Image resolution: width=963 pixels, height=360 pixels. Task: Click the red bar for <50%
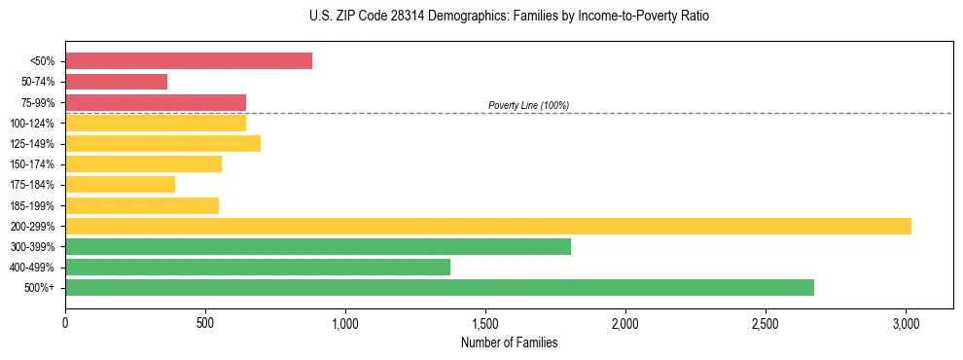tap(189, 61)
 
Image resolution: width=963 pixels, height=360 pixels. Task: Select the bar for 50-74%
tap(116, 82)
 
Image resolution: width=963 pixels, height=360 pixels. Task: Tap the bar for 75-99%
tap(156, 102)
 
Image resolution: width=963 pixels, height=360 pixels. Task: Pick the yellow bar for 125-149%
tap(162, 144)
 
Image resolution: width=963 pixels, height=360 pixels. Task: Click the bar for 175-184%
tap(120, 185)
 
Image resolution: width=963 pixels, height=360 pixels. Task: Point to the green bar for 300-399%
tap(318, 247)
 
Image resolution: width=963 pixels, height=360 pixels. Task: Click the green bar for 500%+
tap(440, 288)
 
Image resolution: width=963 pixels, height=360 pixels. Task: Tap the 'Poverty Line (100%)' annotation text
tap(528, 105)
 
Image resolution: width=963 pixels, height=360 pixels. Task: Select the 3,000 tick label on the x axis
tap(906, 322)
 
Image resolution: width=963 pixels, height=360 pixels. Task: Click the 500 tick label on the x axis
tap(205, 322)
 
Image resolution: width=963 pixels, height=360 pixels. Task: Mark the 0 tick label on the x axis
tap(65, 322)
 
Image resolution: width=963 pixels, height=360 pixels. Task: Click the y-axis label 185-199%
tap(33, 206)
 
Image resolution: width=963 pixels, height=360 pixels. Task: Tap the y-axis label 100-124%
tap(33, 124)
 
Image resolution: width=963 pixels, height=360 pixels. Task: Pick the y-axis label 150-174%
tap(33, 164)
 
